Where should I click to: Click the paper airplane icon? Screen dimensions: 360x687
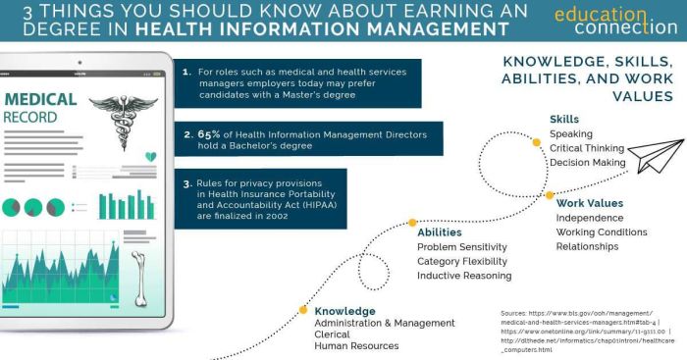tap(654, 156)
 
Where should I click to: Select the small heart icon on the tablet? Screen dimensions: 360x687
tap(150, 156)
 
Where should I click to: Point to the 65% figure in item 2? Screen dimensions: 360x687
tap(211, 130)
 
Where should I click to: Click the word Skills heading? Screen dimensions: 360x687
tap(563, 120)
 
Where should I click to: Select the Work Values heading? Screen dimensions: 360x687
tap(590, 203)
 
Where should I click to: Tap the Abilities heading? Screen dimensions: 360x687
tap(440, 232)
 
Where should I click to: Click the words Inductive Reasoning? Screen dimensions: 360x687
tap(463, 276)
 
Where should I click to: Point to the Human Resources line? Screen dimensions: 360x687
tap(356, 346)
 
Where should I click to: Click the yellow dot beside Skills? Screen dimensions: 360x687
tap(536, 141)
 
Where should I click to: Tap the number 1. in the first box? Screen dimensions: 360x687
tap(186, 71)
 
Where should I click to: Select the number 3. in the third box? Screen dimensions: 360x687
tap(186, 182)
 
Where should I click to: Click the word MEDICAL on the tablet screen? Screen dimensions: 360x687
tap(41, 99)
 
